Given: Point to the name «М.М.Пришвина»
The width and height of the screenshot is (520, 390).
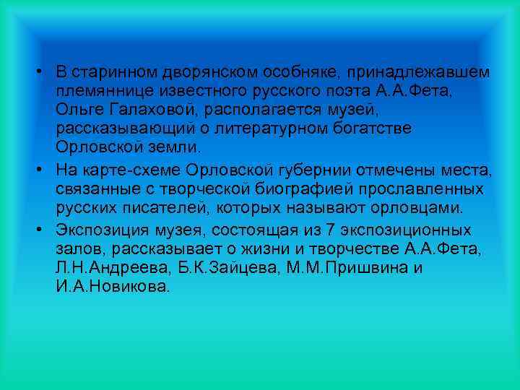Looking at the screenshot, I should (340, 269).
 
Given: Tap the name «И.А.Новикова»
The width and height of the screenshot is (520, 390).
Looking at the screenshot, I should (108, 287).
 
